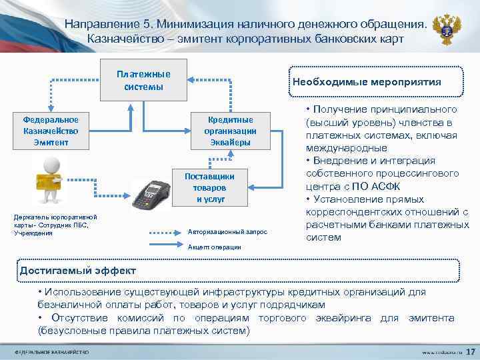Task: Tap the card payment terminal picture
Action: (149, 194)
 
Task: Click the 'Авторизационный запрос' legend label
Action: (227, 232)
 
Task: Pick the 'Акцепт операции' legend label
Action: (215, 247)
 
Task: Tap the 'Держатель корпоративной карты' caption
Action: (51, 225)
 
